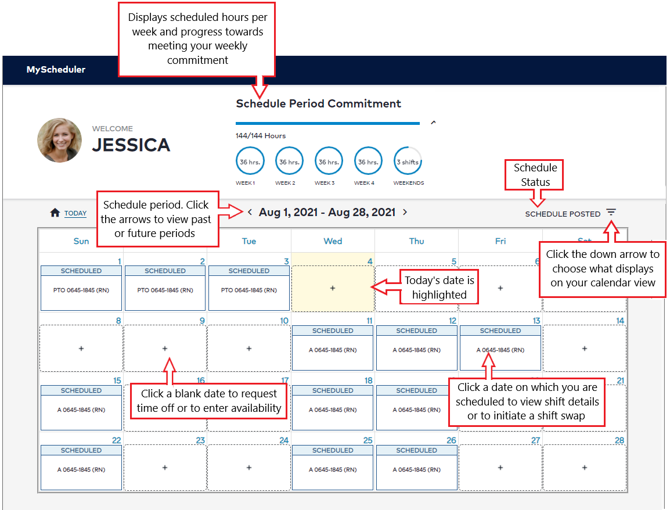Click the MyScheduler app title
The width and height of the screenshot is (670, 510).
56,70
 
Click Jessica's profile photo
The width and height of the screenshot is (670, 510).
59,141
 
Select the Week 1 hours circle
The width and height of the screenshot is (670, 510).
250,161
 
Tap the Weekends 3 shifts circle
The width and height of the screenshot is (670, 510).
408,161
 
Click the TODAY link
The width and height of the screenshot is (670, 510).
75,213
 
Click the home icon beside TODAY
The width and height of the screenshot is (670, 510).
55,213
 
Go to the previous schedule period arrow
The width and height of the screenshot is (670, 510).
250,213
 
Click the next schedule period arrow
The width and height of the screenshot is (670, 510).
405,213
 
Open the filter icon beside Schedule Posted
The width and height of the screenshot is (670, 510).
611,213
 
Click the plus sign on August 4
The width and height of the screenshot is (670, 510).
333,288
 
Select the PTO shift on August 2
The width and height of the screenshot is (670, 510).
165,290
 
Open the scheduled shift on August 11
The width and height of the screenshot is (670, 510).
333,350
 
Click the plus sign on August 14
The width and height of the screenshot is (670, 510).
584,349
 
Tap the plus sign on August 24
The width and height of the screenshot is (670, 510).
249,468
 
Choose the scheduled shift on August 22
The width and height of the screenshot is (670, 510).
81,469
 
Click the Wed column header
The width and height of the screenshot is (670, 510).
333,241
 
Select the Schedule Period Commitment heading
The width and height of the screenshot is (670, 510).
318,104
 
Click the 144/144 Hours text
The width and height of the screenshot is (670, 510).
261,136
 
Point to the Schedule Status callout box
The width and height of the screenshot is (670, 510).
535,175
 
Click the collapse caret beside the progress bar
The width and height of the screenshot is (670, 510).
433,123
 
